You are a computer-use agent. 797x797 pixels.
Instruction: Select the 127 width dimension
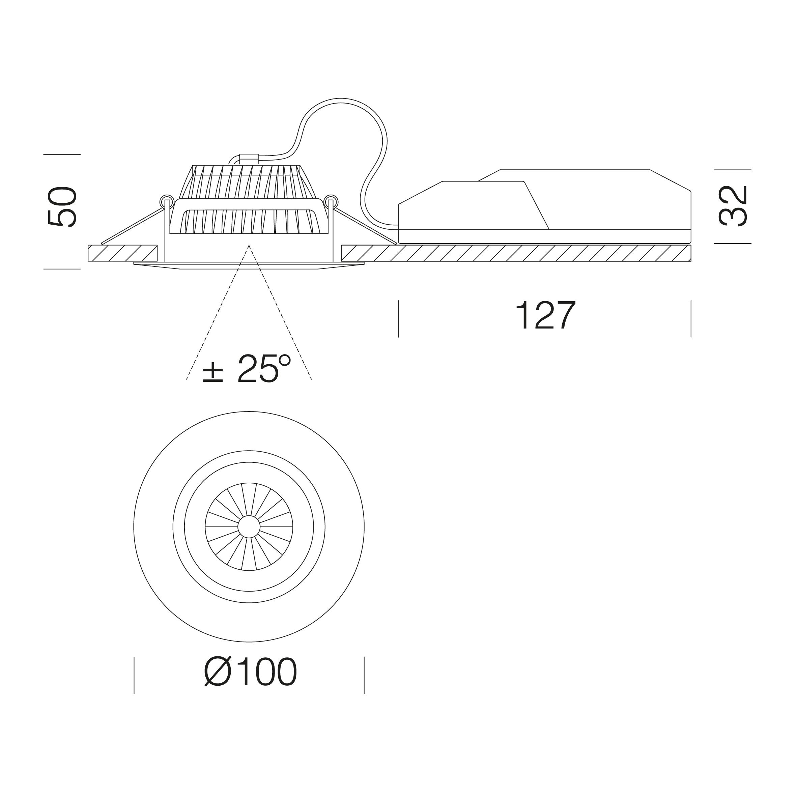click(x=545, y=316)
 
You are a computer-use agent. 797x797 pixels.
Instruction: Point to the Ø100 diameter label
click(x=250, y=672)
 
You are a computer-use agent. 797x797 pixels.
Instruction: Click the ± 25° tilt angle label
click(x=247, y=368)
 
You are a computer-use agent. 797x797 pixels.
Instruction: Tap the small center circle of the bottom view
click(x=249, y=527)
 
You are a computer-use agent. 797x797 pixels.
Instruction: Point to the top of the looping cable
click(x=341, y=99)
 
